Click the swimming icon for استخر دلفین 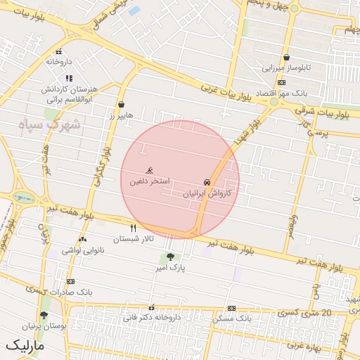[x=149, y=170]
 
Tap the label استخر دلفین [x=149, y=181]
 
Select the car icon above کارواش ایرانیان [x=207, y=181]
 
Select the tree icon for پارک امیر [x=169, y=257]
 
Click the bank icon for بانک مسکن [x=231, y=308]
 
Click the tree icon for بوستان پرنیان [x=44, y=316]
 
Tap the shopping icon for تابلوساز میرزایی [x=287, y=58]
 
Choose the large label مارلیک [x=25, y=346]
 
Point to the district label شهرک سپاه [x=50, y=124]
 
